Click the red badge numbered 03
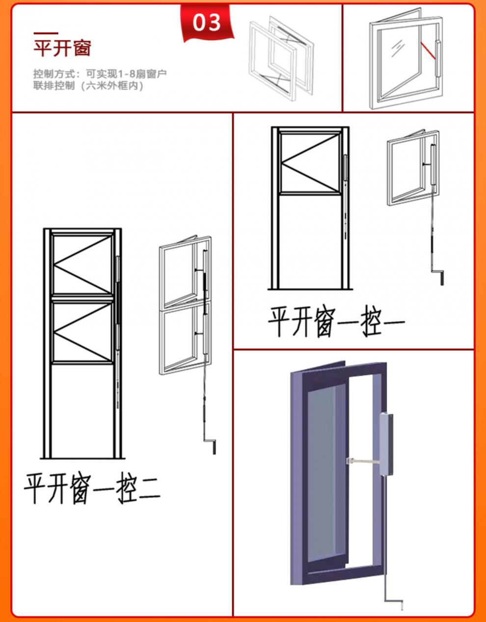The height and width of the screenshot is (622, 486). coord(207,23)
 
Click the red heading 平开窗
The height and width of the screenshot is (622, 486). coord(62,48)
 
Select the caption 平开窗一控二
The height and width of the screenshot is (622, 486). coord(92,488)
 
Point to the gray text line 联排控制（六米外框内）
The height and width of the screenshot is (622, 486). coord(88,86)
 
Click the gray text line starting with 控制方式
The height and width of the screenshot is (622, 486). coord(100,74)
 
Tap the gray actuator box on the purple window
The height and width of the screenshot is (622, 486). coord(386,443)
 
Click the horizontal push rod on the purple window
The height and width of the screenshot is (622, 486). coord(363,461)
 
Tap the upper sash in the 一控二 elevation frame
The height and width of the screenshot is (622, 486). coord(83,265)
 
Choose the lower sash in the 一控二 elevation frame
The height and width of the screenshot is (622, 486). coord(83,331)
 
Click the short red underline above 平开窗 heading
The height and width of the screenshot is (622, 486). coord(45,33)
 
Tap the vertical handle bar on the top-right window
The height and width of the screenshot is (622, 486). coord(437,59)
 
